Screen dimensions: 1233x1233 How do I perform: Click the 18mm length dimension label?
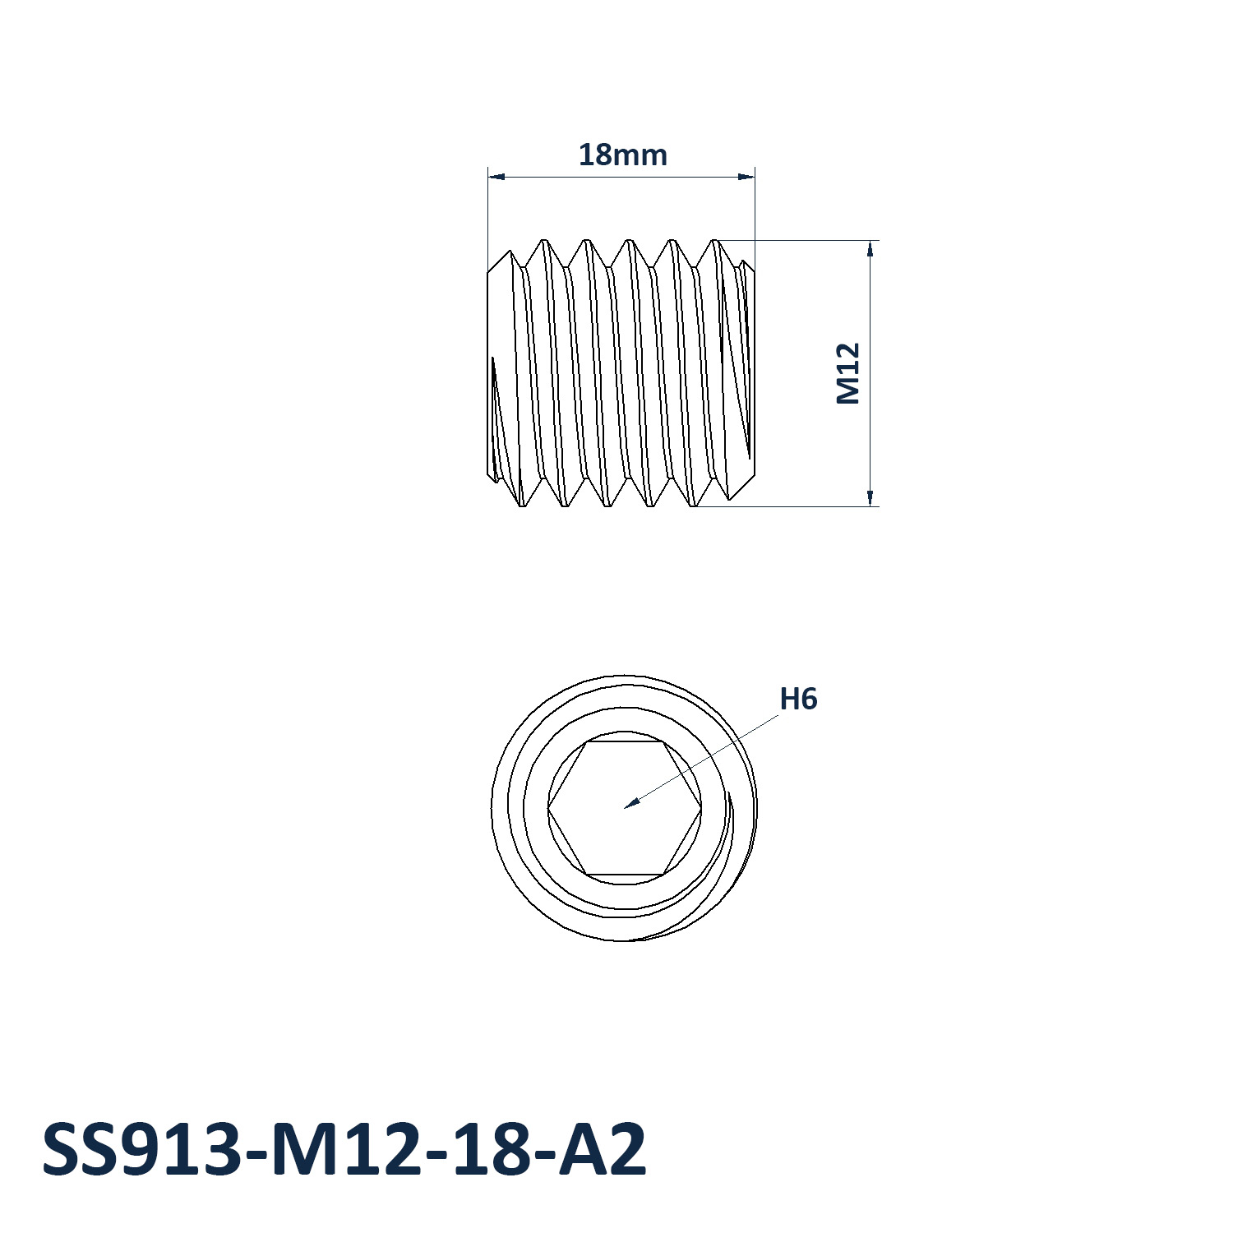[x=622, y=155]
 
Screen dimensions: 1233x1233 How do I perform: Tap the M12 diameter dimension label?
[x=847, y=374]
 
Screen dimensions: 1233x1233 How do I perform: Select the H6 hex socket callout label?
[x=798, y=699]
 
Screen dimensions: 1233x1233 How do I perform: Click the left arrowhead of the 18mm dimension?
[x=496, y=176]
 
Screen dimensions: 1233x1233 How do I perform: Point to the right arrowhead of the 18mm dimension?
[x=746, y=176]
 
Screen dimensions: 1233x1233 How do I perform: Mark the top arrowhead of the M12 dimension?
[x=870, y=249]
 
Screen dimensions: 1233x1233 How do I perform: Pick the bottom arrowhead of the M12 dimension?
[x=870, y=497]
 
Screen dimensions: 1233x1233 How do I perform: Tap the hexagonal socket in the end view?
[x=625, y=808]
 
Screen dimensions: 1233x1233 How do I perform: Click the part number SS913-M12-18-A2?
[x=344, y=1149]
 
